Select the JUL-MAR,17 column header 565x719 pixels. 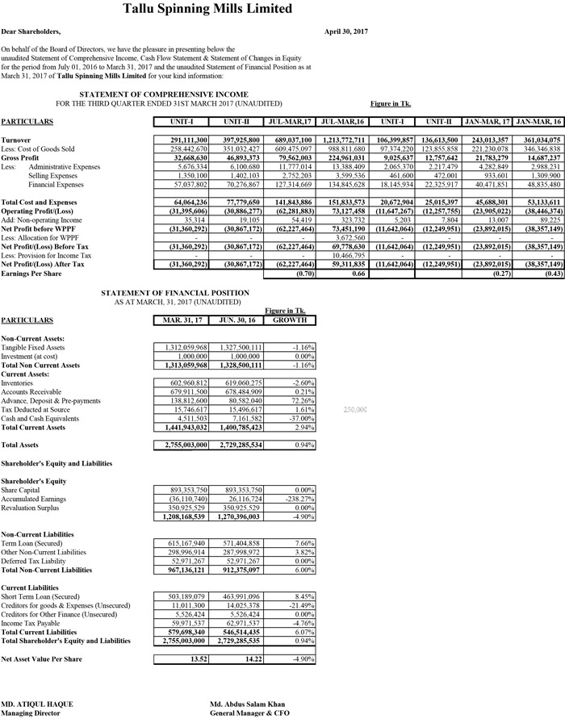click(289, 122)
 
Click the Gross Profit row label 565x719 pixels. click(21, 158)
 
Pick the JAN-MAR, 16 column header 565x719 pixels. click(538, 122)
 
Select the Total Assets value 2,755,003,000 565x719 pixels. click(183, 444)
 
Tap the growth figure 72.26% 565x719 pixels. click(300, 400)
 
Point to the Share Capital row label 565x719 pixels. click(20, 490)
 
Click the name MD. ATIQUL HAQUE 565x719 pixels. click(36, 704)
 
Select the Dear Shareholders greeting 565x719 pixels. click(31, 31)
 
